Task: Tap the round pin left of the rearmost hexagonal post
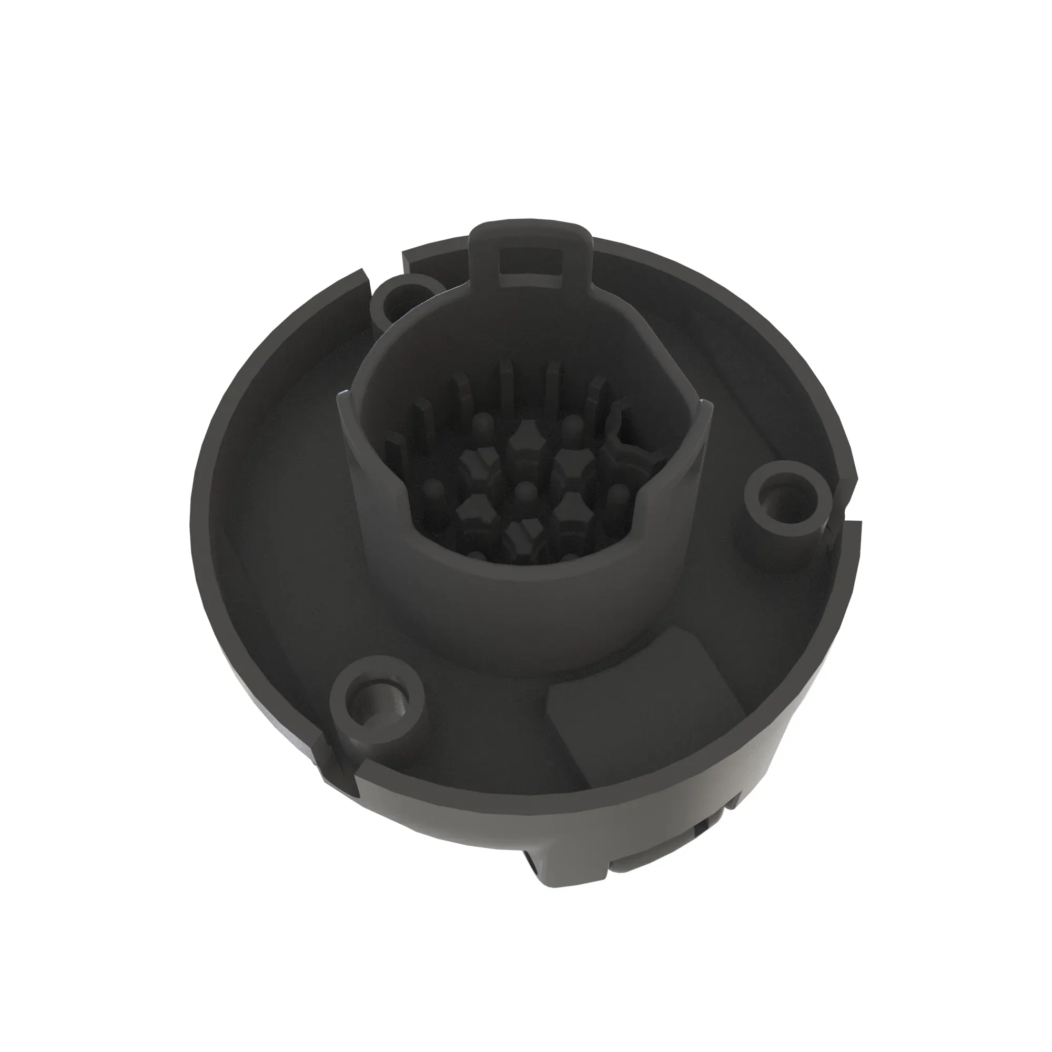(481, 422)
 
